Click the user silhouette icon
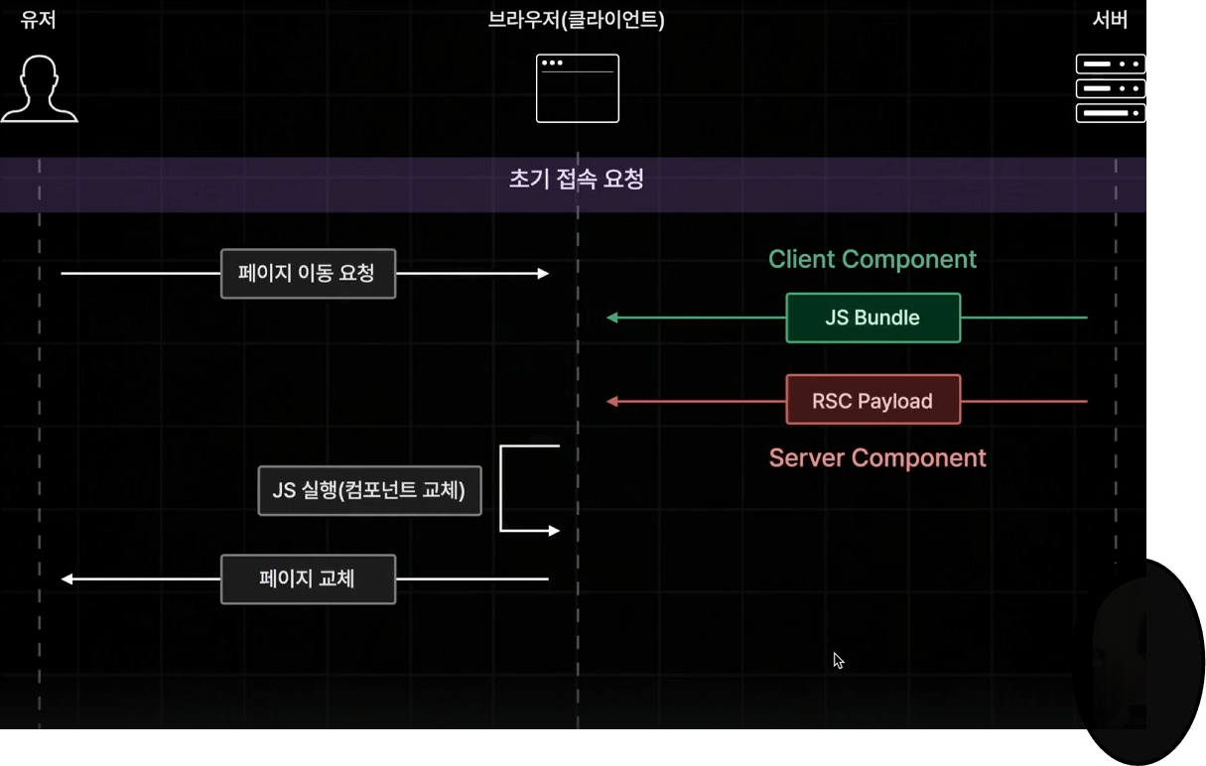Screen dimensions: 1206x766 pyautogui.click(x=40, y=89)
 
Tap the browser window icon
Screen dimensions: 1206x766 pyautogui.click(x=577, y=88)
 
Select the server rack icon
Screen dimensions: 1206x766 pyautogui.click(x=1110, y=88)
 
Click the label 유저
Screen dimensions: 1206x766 pyautogui.click(x=39, y=20)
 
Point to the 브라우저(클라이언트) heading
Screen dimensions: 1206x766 pyautogui.click(x=576, y=20)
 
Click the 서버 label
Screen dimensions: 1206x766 pyautogui.click(x=1110, y=20)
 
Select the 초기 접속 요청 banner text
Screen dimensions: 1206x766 pyautogui.click(x=576, y=179)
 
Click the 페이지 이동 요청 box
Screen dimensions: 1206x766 pyautogui.click(x=308, y=274)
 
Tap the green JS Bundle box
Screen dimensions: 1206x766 pyautogui.click(x=872, y=318)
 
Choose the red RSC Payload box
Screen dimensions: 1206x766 pyautogui.click(x=872, y=400)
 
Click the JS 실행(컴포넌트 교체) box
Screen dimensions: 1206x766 pyautogui.click(x=369, y=490)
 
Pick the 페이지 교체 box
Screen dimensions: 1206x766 pyautogui.click(x=308, y=579)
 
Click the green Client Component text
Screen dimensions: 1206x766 pyautogui.click(x=872, y=259)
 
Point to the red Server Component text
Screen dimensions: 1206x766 pyautogui.click(x=877, y=458)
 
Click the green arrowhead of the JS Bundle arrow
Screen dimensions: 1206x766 pyautogui.click(x=612, y=318)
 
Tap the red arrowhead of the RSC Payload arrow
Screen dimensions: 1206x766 pyautogui.click(x=612, y=401)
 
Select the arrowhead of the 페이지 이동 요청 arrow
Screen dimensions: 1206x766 pyautogui.click(x=543, y=274)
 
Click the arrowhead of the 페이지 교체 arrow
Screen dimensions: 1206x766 pyautogui.click(x=67, y=579)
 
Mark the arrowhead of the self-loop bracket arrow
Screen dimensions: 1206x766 pyautogui.click(x=554, y=531)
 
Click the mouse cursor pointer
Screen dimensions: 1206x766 pyautogui.click(x=839, y=661)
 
